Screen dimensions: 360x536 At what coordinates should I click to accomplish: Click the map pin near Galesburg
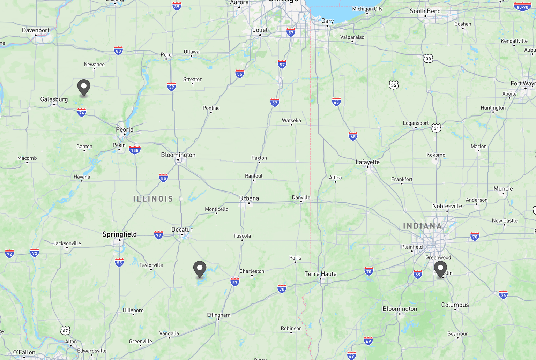[84, 87]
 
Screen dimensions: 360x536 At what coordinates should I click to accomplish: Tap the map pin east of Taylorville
[200, 269]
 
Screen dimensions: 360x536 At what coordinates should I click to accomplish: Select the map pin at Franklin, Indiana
[440, 269]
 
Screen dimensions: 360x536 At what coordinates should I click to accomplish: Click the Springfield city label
[119, 234]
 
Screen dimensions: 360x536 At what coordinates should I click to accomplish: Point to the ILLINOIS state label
[153, 199]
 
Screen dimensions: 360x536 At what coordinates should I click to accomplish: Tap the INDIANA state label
[423, 226]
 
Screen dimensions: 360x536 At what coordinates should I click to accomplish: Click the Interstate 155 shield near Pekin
[135, 150]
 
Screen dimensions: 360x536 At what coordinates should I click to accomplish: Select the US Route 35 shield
[394, 85]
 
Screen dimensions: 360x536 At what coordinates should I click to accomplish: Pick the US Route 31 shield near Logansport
[436, 128]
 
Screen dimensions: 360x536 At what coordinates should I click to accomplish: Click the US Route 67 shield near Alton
[65, 330]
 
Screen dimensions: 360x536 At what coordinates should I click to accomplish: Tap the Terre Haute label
[320, 274]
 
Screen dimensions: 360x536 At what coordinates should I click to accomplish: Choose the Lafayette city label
[367, 162]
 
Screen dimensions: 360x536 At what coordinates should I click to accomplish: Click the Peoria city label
[125, 129]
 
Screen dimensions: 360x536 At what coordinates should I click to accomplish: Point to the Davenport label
[36, 30]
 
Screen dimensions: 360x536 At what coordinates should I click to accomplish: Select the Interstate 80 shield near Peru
[119, 51]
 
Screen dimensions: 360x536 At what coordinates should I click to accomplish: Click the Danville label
[301, 197]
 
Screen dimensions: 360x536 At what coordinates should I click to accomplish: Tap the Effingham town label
[219, 315]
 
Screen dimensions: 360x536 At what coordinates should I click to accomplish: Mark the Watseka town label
[291, 120]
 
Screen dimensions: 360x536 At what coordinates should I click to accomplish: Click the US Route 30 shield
[428, 58]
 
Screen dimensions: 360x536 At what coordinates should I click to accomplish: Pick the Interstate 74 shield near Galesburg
[82, 112]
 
